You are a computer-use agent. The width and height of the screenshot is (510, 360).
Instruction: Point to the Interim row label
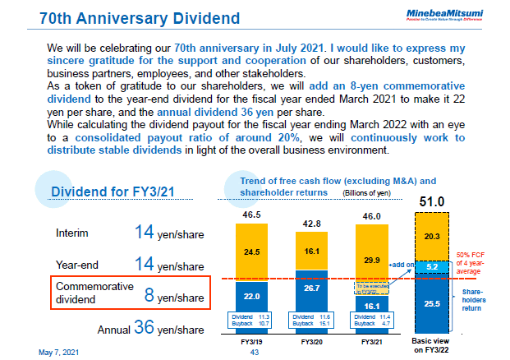point(75,233)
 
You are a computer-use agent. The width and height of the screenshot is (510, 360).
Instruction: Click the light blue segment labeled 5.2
point(434,267)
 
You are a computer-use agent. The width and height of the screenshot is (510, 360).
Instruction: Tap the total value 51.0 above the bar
point(432,201)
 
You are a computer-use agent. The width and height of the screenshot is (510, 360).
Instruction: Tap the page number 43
point(254,352)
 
